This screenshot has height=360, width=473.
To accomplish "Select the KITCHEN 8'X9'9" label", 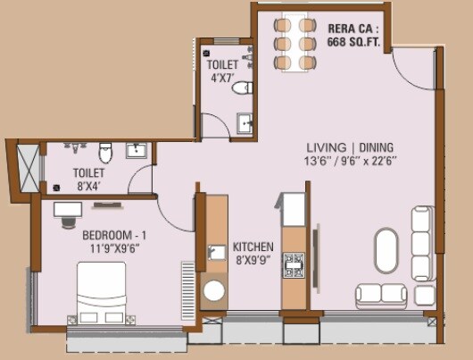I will (x=253, y=253).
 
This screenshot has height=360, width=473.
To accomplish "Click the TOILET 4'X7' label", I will (x=222, y=71).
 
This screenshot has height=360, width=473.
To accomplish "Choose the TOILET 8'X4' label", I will (x=87, y=178).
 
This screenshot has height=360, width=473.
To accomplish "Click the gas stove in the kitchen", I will (x=294, y=264).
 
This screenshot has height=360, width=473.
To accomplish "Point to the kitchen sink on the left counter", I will (x=214, y=253).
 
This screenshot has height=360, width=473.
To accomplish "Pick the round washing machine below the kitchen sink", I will (x=214, y=291).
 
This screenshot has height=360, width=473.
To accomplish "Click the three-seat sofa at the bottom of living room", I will (x=385, y=295).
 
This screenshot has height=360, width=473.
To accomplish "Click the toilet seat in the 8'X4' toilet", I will (x=104, y=149).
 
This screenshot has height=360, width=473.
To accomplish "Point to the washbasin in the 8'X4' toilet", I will (x=137, y=150).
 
